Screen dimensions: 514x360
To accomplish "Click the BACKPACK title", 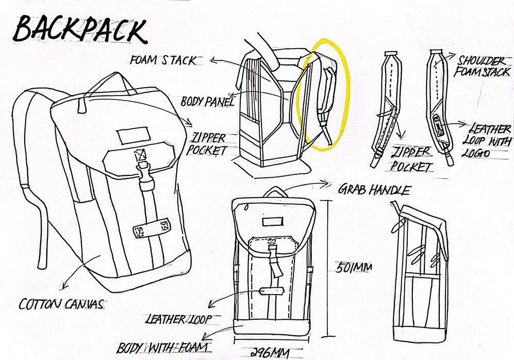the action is tap(80, 30).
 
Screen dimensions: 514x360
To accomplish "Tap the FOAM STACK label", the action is tap(163, 60).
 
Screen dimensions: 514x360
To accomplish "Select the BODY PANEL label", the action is tap(207, 101).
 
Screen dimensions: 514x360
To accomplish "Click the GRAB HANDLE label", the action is tap(374, 189).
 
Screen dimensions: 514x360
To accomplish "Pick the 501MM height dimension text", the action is tap(354, 268).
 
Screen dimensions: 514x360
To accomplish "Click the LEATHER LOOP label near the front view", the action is tap(178, 320).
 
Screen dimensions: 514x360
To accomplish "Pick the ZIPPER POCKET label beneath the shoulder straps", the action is tap(411, 159).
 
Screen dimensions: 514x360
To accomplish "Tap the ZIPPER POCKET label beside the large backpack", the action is tap(208, 144).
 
